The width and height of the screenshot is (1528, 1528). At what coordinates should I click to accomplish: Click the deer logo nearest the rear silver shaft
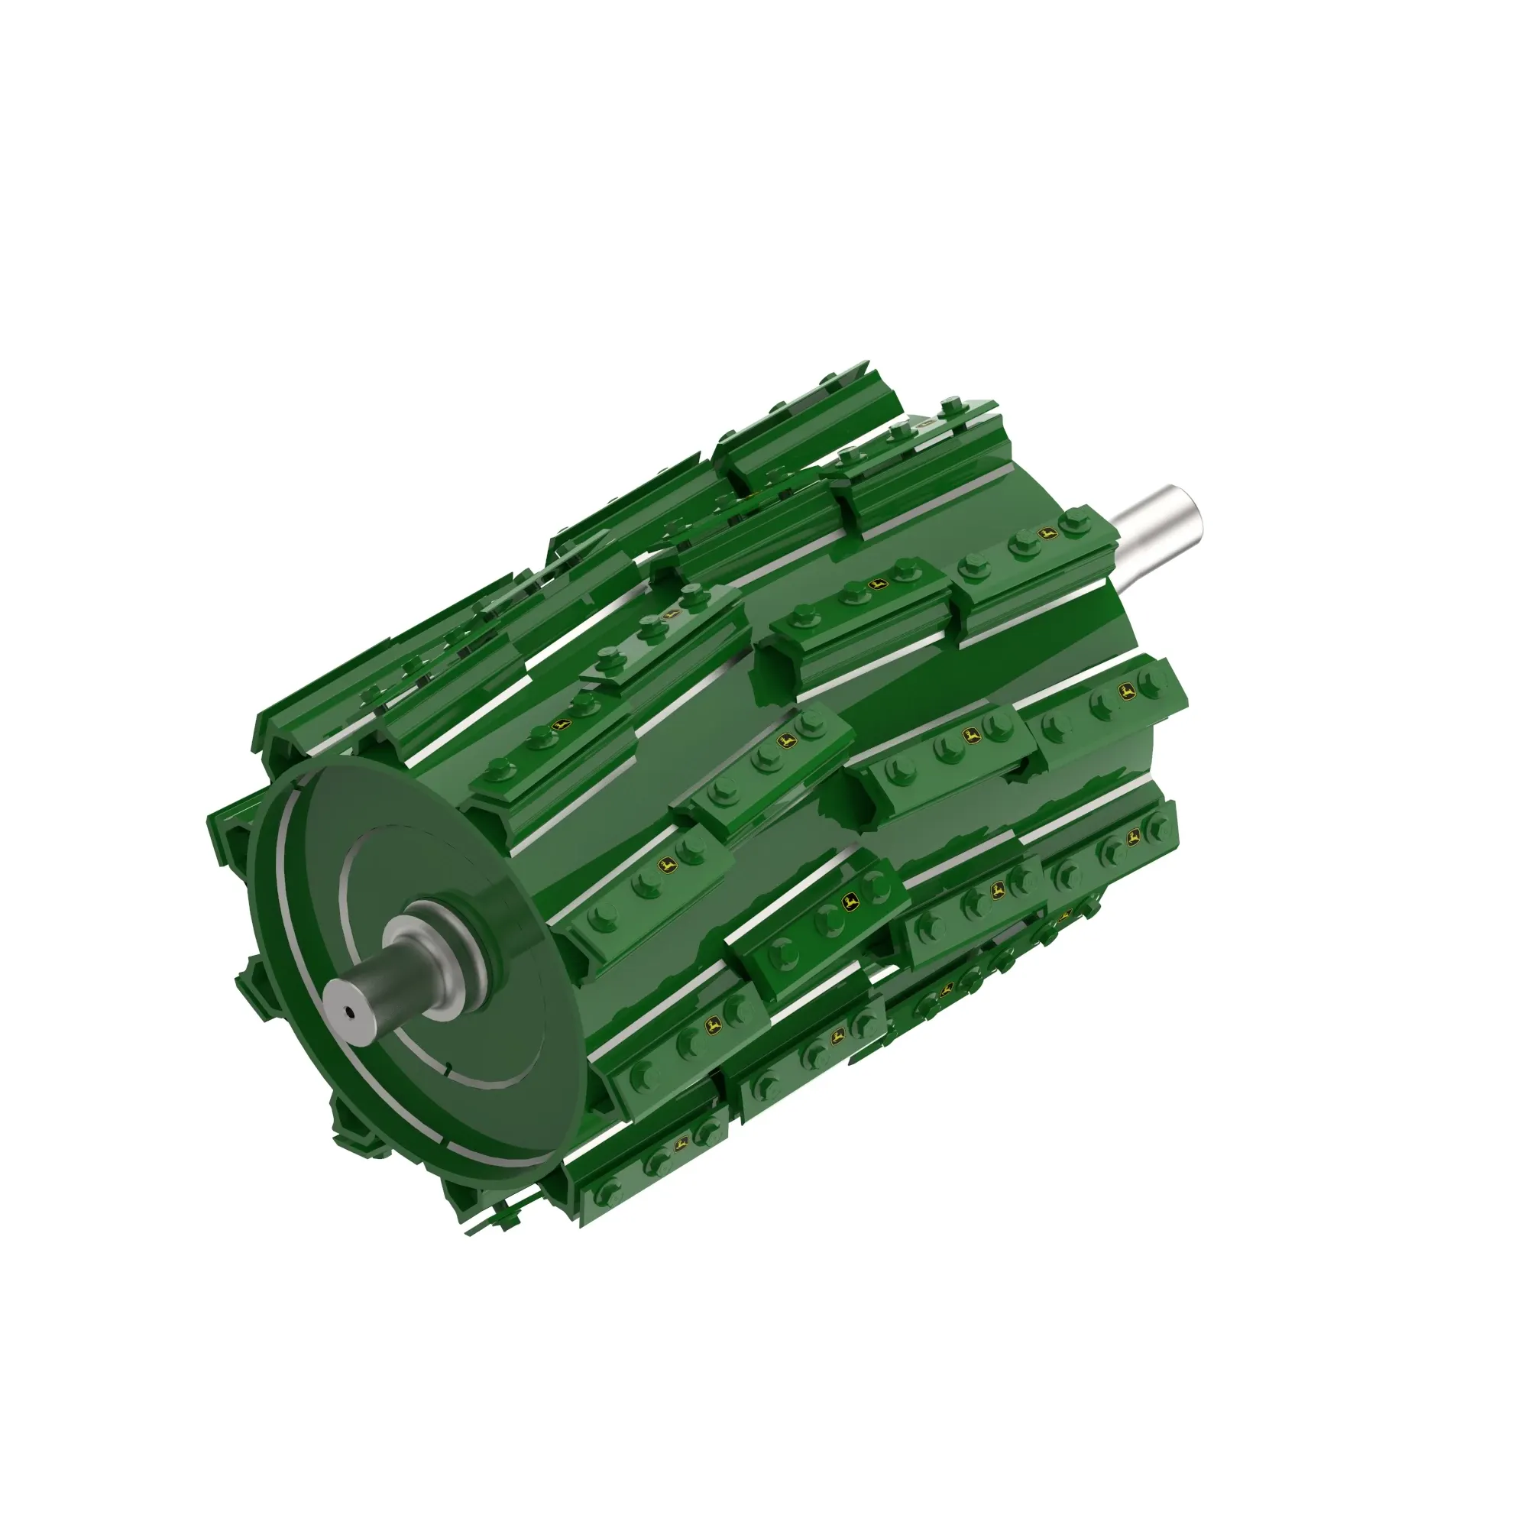[1046, 535]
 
